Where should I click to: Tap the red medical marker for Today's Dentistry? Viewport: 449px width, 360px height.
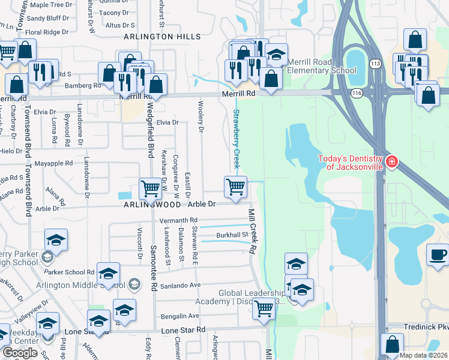point(391,161)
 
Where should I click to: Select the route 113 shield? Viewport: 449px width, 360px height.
point(375,64)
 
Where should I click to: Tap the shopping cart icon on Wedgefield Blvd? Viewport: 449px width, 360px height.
point(149,188)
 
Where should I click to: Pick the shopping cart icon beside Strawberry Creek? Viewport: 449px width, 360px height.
point(236,186)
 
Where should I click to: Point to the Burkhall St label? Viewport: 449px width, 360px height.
point(232,235)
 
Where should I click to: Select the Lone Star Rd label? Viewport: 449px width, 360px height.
point(183,330)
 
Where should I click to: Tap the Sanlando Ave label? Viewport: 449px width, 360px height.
point(178,285)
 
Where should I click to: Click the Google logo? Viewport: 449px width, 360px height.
point(20,352)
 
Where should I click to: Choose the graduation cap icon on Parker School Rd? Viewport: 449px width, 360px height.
point(108,274)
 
